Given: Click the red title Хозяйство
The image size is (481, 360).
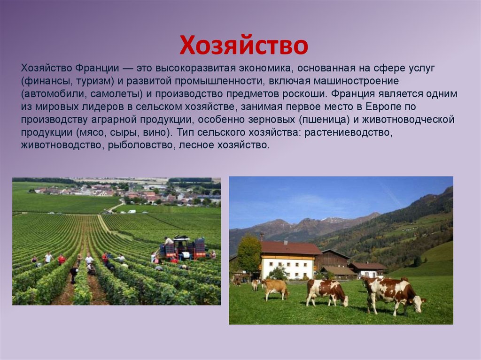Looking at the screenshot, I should click(243, 46).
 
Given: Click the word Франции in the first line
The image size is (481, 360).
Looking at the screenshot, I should click(81, 69).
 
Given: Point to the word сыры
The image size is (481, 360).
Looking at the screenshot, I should click(117, 132).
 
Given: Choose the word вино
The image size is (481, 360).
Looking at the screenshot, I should click(150, 132).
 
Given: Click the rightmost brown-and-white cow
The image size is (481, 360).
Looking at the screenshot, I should click(394, 293).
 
